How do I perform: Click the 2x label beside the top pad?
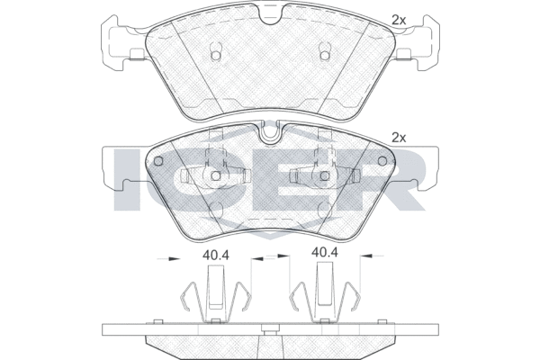(399, 21)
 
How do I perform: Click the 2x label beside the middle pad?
(399, 138)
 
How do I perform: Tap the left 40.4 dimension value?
(216, 256)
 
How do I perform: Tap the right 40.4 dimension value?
(324, 253)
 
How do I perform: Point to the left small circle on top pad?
(216, 55)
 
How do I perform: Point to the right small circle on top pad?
(324, 55)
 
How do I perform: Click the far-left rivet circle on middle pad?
(158, 161)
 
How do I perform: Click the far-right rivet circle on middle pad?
(382, 161)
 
